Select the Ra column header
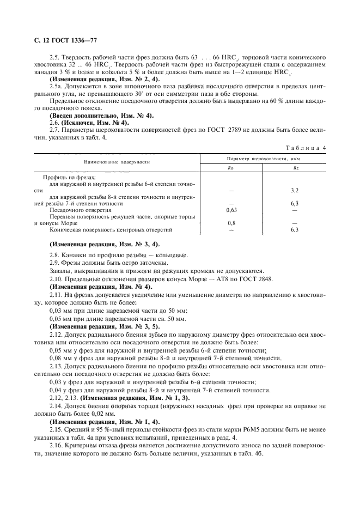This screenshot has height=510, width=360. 232,168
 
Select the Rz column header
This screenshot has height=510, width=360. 295,168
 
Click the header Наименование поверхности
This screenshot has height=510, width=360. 117,162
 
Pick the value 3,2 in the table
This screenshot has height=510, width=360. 295,191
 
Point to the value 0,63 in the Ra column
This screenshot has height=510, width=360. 232,209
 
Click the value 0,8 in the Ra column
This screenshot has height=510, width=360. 232,223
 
